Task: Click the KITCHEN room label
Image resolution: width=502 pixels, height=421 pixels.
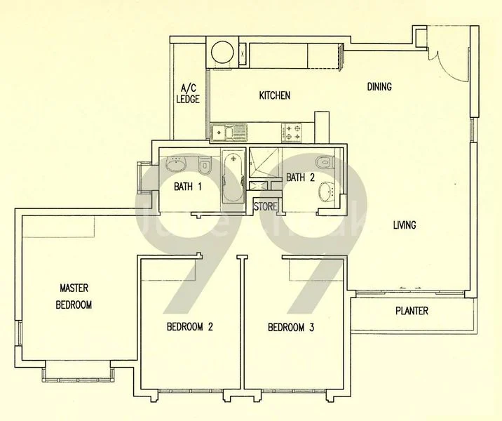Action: pos(274,95)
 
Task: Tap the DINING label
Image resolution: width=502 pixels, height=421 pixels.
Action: pos(379,87)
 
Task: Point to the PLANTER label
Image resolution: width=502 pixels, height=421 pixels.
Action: pos(411,311)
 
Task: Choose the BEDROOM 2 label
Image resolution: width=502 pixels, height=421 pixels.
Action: pos(189,327)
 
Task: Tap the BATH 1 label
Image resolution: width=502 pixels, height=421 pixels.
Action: pos(188,187)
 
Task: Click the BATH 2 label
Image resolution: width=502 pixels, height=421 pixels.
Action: pos(299,178)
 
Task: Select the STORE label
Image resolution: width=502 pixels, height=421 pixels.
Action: pos(265,207)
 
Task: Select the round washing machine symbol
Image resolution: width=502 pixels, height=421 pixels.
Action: pos(222,53)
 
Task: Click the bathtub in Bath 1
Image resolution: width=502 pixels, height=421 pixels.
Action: pos(232,177)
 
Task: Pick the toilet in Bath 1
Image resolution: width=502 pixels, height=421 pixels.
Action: pos(204,166)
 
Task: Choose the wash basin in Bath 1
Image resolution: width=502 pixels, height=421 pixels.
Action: pos(175,164)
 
